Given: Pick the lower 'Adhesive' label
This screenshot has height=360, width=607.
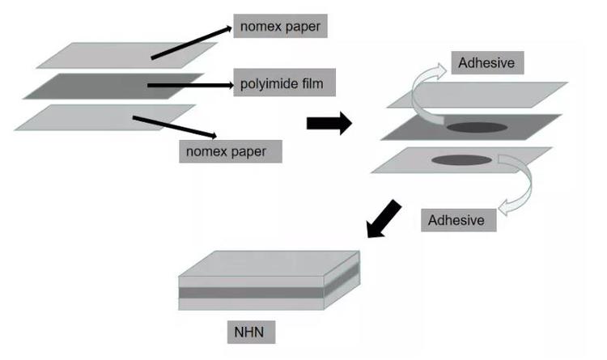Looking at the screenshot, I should [456, 219].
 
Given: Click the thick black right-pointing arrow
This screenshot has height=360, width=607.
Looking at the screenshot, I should [329, 123].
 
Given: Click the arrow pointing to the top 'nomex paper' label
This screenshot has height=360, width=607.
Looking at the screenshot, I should [190, 42].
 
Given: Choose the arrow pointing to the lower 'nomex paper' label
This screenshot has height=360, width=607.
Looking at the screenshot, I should [174, 128].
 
